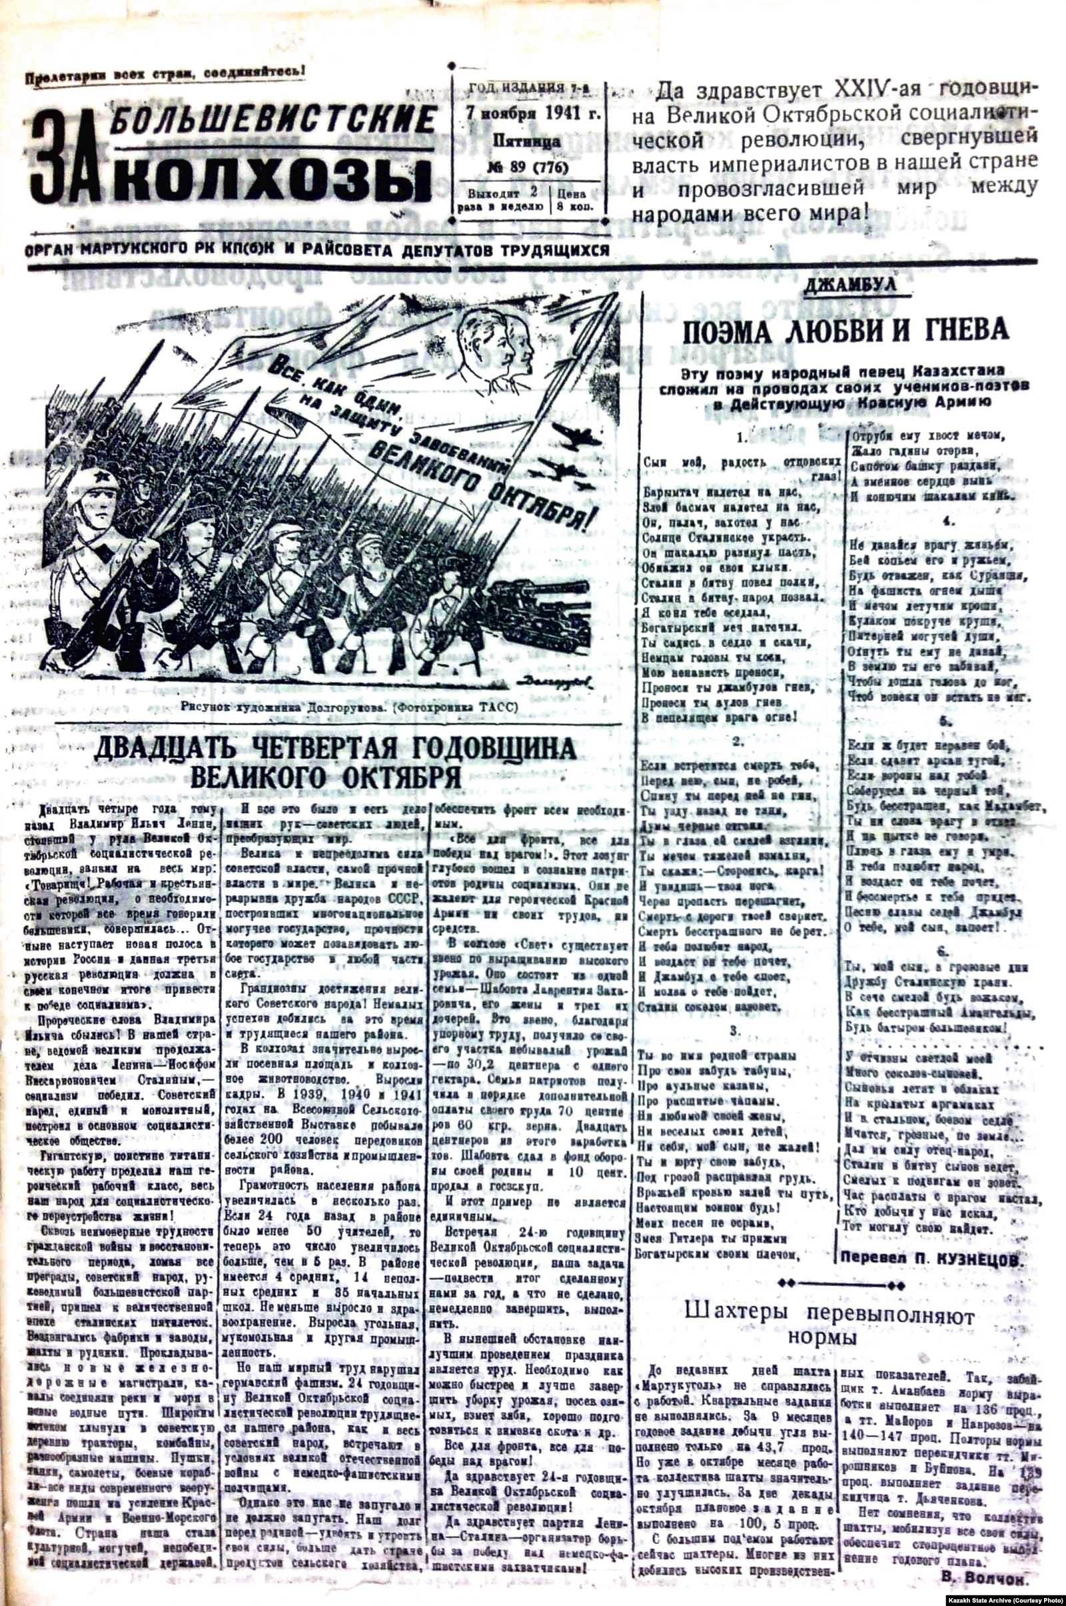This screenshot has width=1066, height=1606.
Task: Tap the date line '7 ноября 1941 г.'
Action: [529, 111]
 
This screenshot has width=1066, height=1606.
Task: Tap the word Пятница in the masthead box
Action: [527, 142]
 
